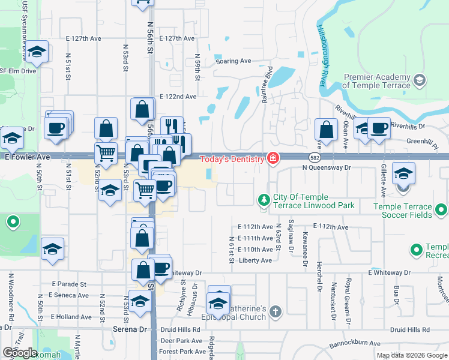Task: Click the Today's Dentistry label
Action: coord(232,159)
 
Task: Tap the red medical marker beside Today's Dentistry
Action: coord(273,159)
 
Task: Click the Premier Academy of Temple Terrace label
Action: coord(376,81)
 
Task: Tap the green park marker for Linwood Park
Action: coord(263,199)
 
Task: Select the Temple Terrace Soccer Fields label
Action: coord(403,211)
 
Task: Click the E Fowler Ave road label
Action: coord(27,157)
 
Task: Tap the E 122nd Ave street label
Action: coord(178,97)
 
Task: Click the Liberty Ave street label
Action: coord(255,260)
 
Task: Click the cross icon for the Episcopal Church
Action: coord(275,311)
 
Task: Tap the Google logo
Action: coord(20,353)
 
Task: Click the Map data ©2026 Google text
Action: coord(411,355)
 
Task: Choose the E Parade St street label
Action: coord(69,284)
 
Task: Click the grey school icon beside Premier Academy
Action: coord(419,80)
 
